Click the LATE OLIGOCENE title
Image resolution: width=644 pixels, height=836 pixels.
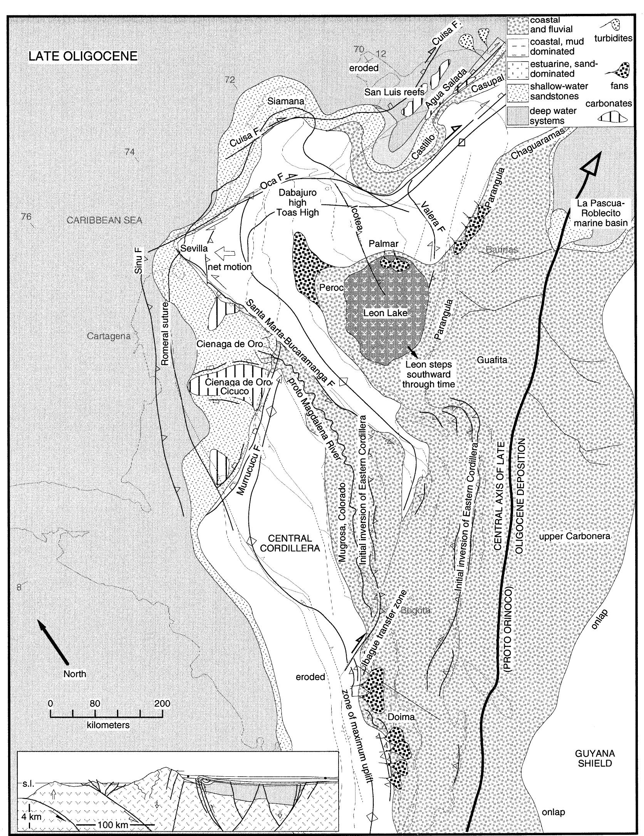coord(83,56)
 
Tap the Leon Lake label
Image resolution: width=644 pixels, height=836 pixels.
coord(385,313)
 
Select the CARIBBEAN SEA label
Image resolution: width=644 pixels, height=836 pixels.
coord(104,220)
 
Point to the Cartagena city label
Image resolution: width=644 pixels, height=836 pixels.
coord(109,336)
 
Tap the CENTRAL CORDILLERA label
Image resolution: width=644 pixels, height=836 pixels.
coord(290,543)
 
